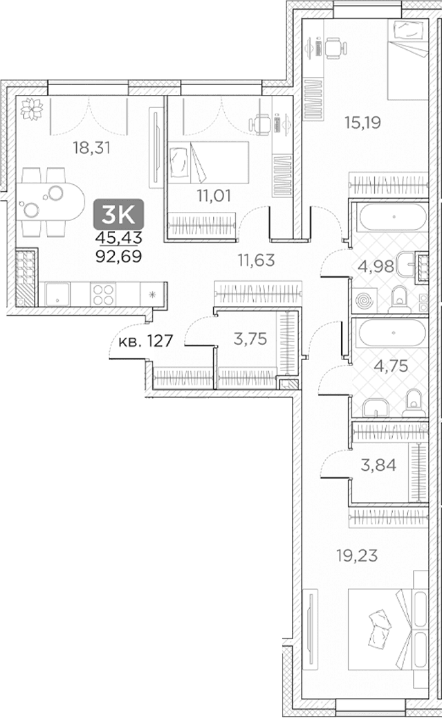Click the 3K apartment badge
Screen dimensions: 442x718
[x=118, y=215]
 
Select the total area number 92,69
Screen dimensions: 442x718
[x=118, y=256]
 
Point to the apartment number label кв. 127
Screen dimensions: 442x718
[x=145, y=341]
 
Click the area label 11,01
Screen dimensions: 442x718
[x=214, y=195]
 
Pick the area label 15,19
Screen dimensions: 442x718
[x=363, y=123]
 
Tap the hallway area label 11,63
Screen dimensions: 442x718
[x=256, y=260]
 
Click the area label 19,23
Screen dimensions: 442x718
[x=357, y=555]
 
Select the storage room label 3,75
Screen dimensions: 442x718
[x=250, y=339]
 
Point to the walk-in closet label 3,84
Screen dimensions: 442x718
[x=378, y=465]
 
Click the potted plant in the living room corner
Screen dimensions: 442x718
[x=32, y=109]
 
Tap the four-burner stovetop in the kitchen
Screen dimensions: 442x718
[x=103, y=294]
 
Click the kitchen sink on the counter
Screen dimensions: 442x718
[x=57, y=294]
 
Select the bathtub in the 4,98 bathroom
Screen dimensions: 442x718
[x=393, y=217]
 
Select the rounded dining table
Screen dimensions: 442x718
[x=51, y=202]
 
